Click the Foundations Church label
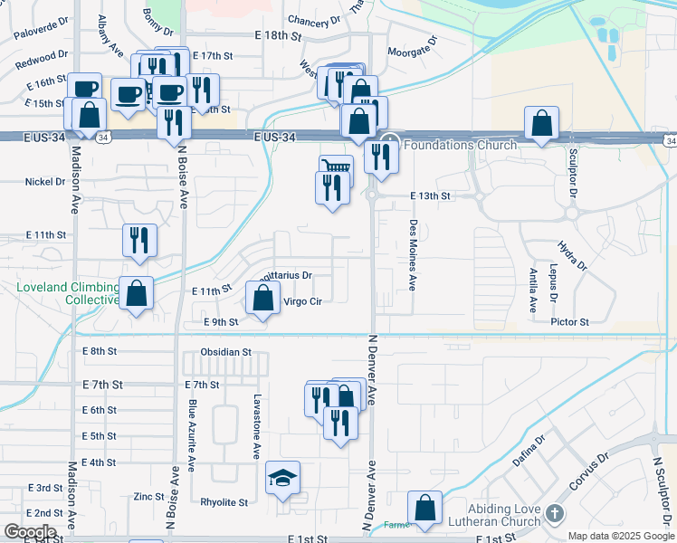(x=460, y=144)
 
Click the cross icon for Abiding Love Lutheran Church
(x=555, y=515)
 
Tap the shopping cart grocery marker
(x=336, y=168)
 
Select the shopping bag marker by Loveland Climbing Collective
(x=136, y=292)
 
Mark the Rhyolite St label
(x=224, y=502)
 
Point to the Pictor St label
(x=569, y=321)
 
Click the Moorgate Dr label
(x=412, y=52)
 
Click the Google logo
(x=30, y=532)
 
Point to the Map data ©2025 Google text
(x=620, y=536)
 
